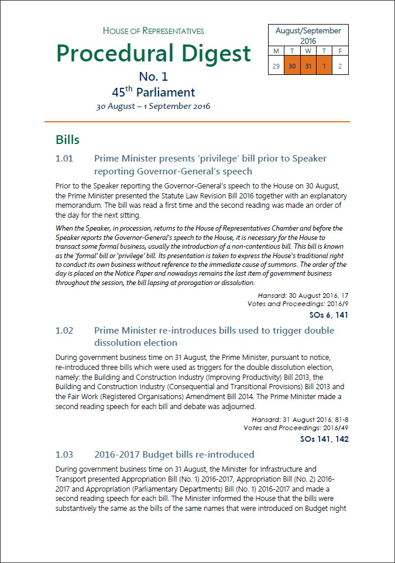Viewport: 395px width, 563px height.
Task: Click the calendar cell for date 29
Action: click(276, 66)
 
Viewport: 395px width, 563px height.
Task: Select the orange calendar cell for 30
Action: click(292, 66)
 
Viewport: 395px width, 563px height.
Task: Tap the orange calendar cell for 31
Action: click(308, 66)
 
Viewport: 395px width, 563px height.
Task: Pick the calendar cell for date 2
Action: click(340, 66)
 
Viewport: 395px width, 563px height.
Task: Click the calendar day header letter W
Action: click(308, 51)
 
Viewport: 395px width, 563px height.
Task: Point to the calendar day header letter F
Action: click(340, 51)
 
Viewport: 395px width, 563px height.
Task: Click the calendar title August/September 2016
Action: click(308, 36)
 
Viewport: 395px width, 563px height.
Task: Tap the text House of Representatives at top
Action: click(153, 31)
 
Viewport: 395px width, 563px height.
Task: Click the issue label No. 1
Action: click(153, 77)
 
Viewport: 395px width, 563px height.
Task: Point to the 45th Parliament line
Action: click(153, 92)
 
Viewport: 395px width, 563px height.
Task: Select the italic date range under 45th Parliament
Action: click(153, 107)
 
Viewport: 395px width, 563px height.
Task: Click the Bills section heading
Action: click(68, 140)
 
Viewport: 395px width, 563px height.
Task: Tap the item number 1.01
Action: click(64, 159)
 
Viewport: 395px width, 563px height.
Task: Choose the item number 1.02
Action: click(64, 331)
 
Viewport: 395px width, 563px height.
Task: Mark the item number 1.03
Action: click(64, 454)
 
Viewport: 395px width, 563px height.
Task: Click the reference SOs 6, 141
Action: click(329, 315)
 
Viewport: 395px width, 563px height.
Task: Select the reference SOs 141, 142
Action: click(324, 439)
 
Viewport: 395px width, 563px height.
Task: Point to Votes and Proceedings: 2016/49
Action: click(296, 428)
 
